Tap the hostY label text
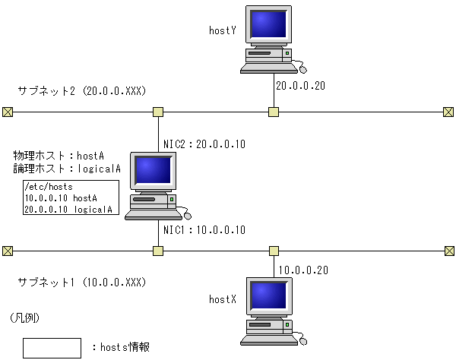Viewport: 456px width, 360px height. [223, 31]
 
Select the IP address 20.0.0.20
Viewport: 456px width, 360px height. [300, 86]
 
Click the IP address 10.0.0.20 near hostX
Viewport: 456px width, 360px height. [303, 270]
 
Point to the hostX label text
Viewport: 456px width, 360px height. [223, 300]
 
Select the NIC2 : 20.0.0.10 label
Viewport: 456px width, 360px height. [205, 144]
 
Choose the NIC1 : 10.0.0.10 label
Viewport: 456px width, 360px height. [205, 229]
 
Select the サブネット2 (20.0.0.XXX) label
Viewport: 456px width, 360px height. [81, 91]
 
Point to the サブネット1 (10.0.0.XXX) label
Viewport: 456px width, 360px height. [81, 283]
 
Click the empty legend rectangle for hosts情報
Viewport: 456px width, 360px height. [52, 348]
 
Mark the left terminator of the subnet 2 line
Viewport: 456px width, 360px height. [8, 112]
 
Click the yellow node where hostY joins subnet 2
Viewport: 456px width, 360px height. [274, 112]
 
